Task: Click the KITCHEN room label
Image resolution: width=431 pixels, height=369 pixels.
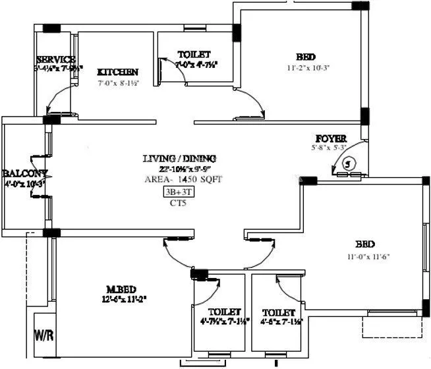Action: pos(117,72)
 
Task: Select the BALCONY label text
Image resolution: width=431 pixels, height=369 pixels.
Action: pos(25,173)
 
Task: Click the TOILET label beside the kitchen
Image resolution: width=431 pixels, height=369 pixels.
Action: pos(194,53)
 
